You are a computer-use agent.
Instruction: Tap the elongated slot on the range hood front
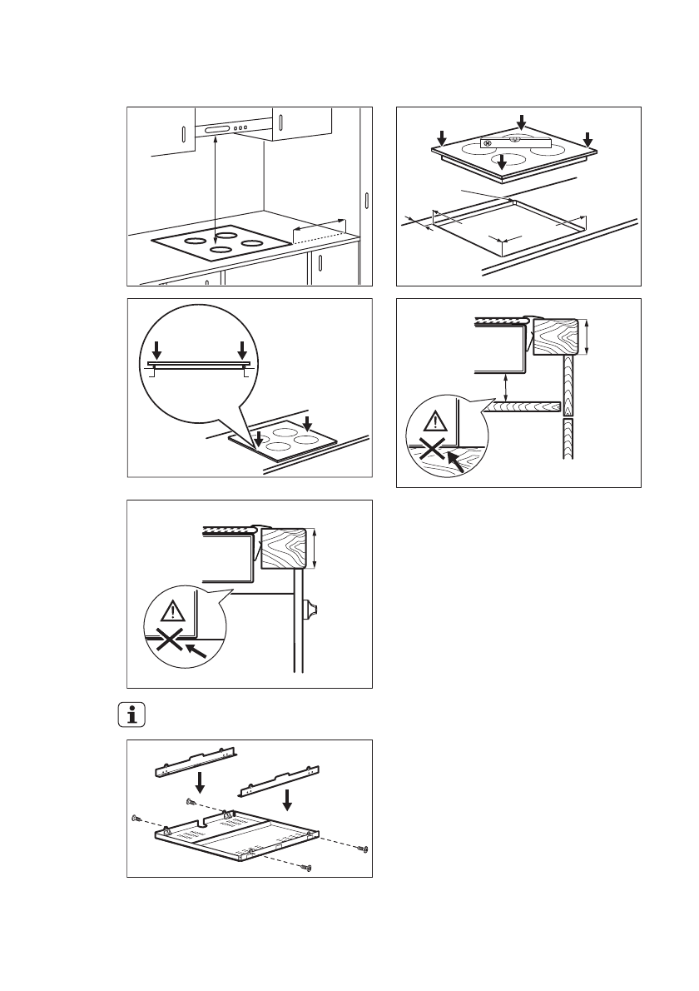point(219,131)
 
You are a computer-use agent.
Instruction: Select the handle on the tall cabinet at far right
point(367,202)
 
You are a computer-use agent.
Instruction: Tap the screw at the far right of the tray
point(363,849)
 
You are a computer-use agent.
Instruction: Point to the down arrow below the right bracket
point(287,799)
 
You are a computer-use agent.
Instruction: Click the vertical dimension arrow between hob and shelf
point(506,389)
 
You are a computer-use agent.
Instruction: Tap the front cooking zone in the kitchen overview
point(221,250)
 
